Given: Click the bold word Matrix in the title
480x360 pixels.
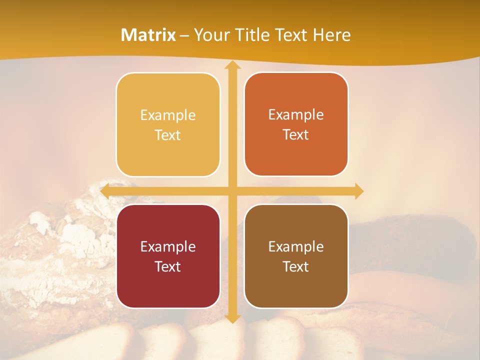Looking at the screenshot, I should coord(148,35).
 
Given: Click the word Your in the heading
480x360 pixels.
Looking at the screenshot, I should coord(209,35).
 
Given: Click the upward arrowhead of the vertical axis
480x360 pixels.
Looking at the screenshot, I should coord(232,65).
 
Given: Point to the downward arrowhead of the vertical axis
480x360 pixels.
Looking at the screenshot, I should coord(232,318).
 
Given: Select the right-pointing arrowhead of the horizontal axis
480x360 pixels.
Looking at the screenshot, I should coord(358,191).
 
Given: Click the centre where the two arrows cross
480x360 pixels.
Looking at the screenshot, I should coord(232,191).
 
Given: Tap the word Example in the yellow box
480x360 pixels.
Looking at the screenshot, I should coord(168,115).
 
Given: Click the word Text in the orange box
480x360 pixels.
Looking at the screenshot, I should coord(296,135).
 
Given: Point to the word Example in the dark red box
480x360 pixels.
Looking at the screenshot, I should coord(168,247).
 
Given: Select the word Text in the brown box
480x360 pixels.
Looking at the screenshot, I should coord(296,267).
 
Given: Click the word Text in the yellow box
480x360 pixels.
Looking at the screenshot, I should coord(168,135).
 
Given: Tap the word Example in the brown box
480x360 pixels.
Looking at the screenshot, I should coord(296,247).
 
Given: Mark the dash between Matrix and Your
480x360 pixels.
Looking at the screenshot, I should coord(184,35).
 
